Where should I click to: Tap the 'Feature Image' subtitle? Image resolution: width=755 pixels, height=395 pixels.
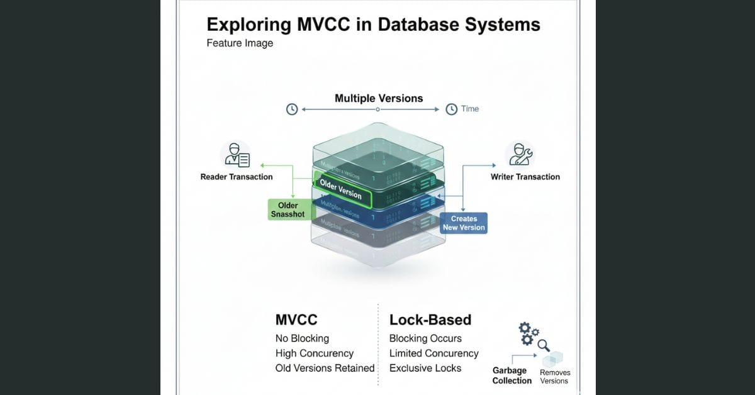[240, 43]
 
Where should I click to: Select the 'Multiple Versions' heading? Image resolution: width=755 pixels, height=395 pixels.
[379, 98]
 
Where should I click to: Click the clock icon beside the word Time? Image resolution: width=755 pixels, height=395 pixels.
[451, 109]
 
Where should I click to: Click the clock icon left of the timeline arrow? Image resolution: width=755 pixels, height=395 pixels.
[291, 109]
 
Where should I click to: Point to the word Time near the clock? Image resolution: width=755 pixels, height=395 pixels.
[470, 109]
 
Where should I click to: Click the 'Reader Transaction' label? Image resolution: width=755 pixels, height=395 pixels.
[237, 177]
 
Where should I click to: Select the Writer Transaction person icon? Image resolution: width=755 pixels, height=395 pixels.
[520, 155]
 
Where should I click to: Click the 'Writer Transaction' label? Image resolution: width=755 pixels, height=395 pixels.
[525, 177]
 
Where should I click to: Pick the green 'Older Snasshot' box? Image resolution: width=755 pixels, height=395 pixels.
[288, 209]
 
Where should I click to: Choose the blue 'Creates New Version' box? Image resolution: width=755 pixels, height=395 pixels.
[464, 223]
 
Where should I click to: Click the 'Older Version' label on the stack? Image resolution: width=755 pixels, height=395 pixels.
[340, 189]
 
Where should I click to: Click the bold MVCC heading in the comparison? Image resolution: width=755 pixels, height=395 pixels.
[296, 320]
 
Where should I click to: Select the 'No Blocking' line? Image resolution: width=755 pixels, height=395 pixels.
[302, 338]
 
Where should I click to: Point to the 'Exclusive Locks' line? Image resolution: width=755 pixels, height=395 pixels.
[425, 368]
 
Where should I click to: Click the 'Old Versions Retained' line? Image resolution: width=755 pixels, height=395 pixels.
[325, 368]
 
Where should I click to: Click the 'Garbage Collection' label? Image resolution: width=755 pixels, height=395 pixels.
[512, 376]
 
